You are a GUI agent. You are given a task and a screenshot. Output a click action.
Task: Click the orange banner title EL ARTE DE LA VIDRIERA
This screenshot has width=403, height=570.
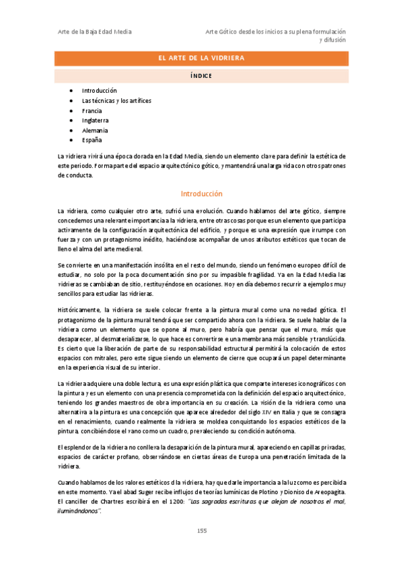click(201, 59)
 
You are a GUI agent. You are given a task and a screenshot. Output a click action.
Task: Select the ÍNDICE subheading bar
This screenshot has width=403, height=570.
click(201, 76)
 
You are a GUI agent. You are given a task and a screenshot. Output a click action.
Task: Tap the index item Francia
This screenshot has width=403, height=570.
click(92, 110)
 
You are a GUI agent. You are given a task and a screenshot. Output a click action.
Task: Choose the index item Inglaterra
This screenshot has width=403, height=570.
click(95, 120)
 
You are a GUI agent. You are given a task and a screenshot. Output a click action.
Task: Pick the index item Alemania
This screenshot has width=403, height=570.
click(95, 130)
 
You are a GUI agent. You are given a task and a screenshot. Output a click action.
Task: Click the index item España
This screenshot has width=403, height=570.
click(92, 140)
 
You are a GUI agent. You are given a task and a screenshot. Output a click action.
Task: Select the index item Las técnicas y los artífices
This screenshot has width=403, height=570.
click(116, 100)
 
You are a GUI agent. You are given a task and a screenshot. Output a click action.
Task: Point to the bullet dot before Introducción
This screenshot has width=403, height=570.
click(71, 91)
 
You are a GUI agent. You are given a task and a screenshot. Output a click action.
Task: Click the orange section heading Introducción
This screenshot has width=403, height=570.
click(201, 194)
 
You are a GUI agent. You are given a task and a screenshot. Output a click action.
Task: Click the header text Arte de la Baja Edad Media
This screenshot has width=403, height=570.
click(94, 32)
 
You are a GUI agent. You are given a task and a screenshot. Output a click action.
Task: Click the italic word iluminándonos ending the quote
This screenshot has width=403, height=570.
click(79, 511)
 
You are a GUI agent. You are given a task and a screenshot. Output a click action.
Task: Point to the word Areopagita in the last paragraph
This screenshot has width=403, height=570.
click(329, 491)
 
